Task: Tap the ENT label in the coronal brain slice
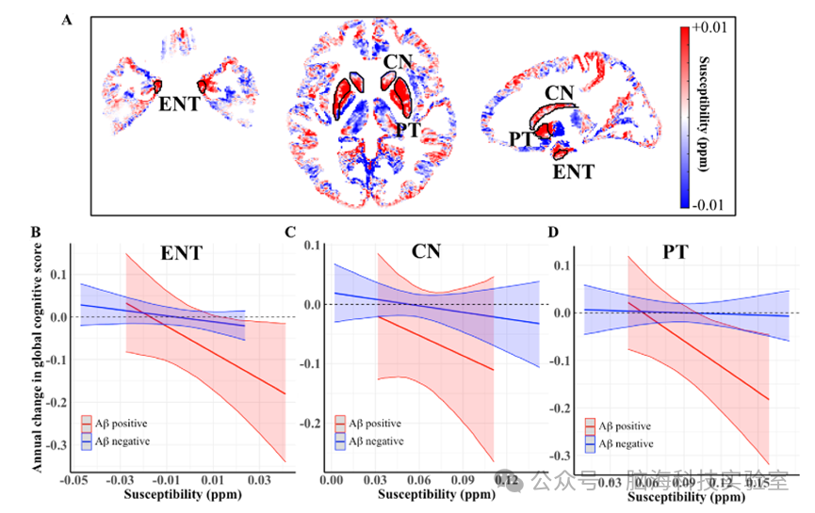tap(179, 104)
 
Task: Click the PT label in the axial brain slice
tap(407, 130)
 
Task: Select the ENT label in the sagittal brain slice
tap(574, 172)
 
